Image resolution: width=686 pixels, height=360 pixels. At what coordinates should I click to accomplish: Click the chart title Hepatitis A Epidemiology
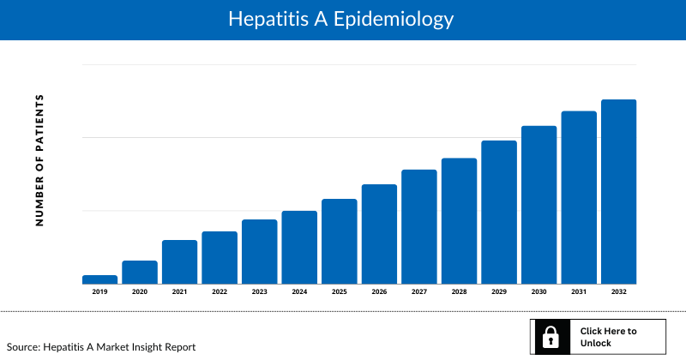[x=341, y=19]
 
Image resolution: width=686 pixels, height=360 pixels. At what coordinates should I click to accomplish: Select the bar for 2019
[x=99, y=279]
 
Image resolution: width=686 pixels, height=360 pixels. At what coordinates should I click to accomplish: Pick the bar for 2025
[x=339, y=242]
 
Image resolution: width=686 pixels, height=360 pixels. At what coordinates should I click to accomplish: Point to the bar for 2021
[x=179, y=262]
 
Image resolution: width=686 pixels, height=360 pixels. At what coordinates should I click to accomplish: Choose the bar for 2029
[x=498, y=213]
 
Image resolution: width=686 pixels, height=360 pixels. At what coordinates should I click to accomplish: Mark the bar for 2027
[x=418, y=227]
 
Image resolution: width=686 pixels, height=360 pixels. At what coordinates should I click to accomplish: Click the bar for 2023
[x=259, y=252]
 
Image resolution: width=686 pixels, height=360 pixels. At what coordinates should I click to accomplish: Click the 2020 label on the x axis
[x=140, y=292]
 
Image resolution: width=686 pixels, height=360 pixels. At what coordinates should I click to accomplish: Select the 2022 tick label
[x=220, y=292]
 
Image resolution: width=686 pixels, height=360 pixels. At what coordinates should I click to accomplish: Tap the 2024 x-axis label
[x=299, y=292]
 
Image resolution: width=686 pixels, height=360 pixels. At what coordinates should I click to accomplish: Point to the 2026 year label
[x=379, y=292]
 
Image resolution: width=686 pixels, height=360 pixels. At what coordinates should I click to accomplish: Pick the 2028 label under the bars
[x=459, y=292]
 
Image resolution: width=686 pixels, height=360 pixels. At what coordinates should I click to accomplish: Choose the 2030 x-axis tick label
[x=539, y=292]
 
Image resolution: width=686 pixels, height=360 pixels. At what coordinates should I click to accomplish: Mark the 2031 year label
[x=579, y=292]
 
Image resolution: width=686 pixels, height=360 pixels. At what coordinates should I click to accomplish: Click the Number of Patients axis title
[x=39, y=160]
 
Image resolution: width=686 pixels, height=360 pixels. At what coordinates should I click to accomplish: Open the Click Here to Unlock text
[x=608, y=337]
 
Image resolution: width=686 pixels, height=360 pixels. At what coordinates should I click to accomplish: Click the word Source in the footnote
[x=24, y=347]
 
